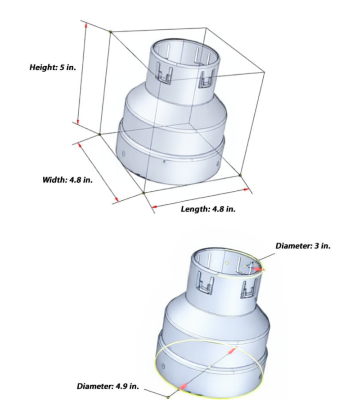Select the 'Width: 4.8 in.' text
pyautogui.click(x=67, y=180)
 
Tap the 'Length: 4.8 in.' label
pyautogui.click(x=208, y=209)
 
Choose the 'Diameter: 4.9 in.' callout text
pyautogui.click(x=108, y=386)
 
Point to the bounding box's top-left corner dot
pyautogui.click(x=111, y=31)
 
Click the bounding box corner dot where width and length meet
pyautogui.click(x=143, y=193)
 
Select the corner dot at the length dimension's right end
pyautogui.click(x=240, y=175)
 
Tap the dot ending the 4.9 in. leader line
pyautogui.click(x=168, y=397)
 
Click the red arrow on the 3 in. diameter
pyautogui.click(x=256, y=269)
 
